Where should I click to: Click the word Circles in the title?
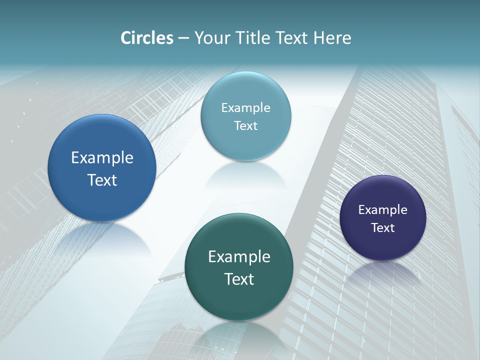tap(147, 38)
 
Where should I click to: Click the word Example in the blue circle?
tap(102, 158)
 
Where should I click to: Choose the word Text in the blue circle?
tap(102, 180)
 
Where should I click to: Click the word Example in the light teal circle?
tap(245, 108)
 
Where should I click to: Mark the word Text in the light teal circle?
tap(245, 125)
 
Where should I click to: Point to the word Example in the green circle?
tap(239, 257)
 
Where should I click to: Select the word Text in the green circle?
tap(239, 279)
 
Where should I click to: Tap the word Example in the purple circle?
tap(383, 210)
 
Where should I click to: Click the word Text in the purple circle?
tap(383, 228)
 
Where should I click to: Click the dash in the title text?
tap(183, 38)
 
